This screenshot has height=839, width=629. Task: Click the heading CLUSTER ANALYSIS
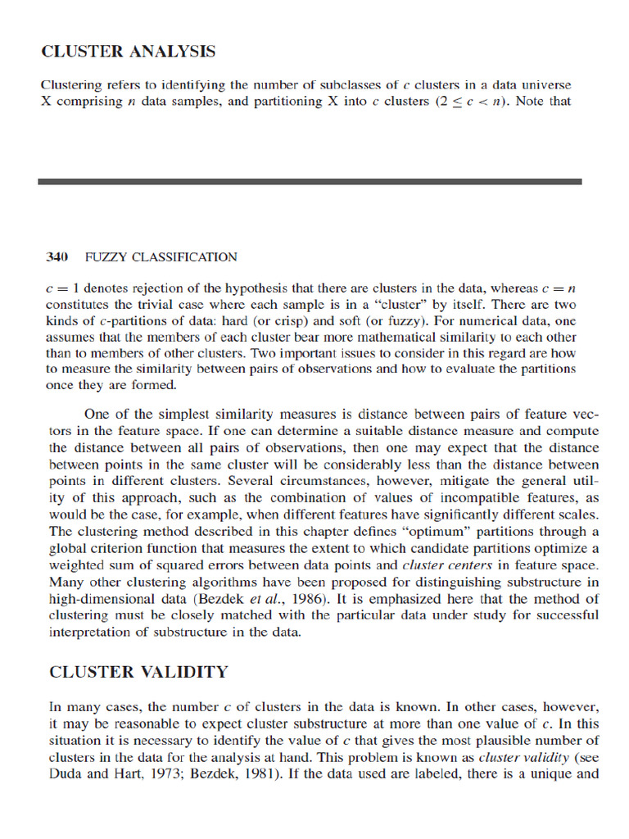[x=129, y=52]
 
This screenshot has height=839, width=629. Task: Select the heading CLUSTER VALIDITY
[x=138, y=672]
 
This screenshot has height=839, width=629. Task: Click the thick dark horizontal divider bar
[x=310, y=181]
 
